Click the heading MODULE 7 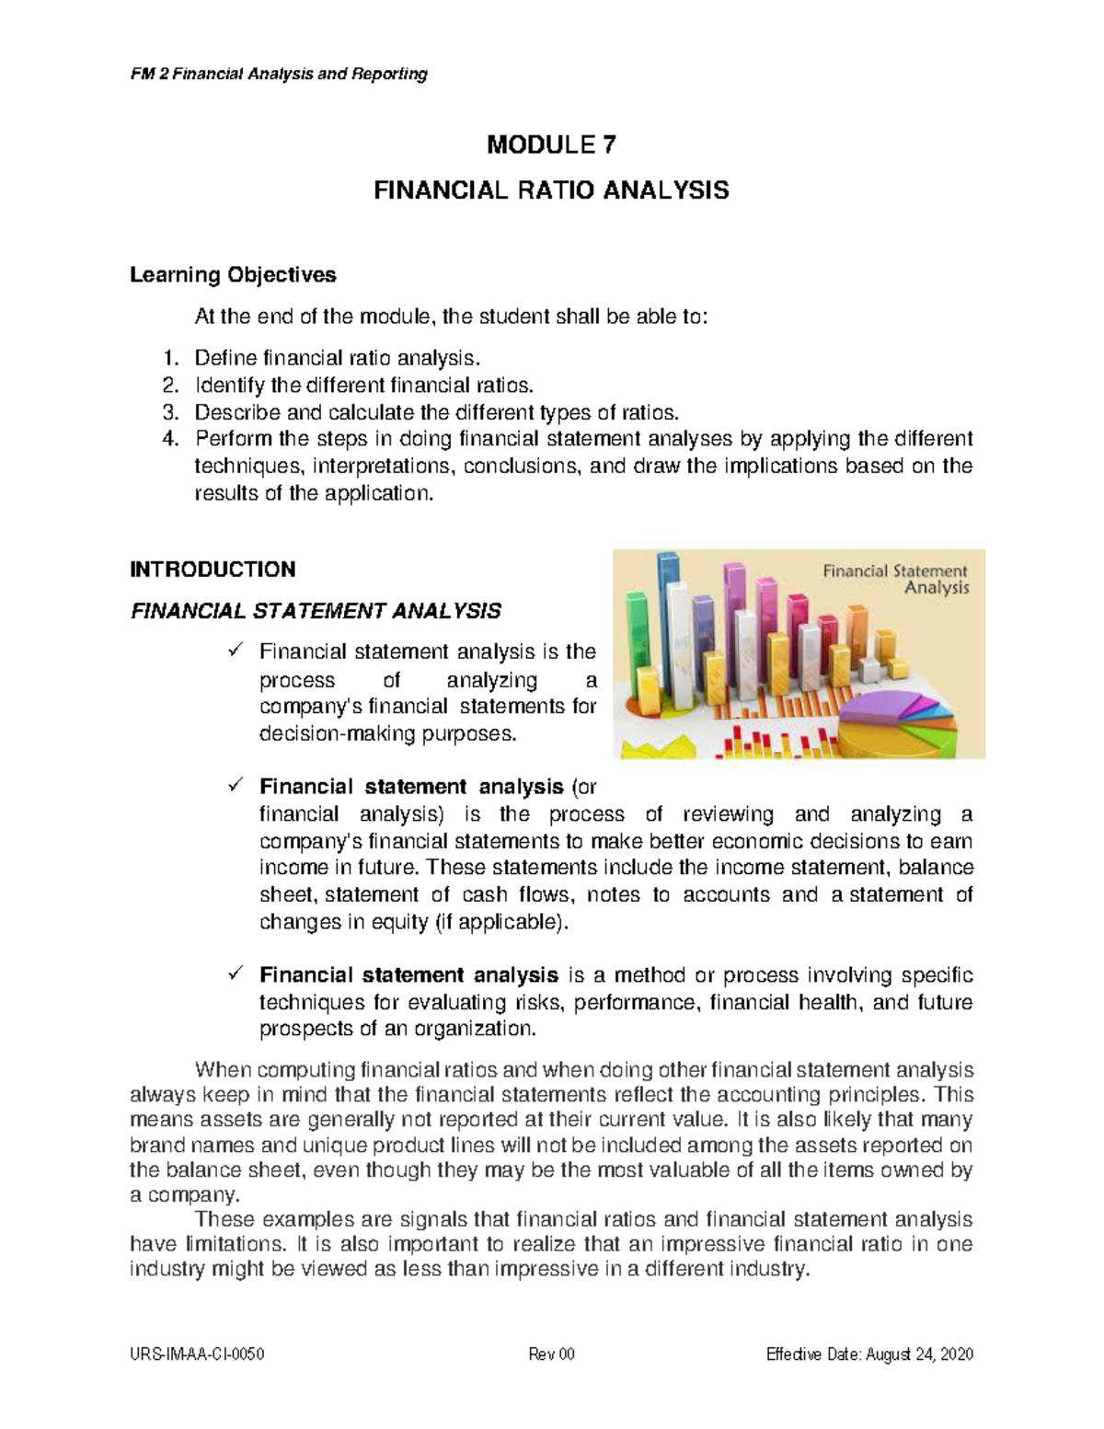coord(551,144)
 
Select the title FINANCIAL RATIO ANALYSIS coord(551,190)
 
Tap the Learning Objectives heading coord(233,274)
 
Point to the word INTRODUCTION coord(213,569)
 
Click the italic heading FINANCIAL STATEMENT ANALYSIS coord(316,611)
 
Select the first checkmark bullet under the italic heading coord(233,651)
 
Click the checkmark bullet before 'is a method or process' coord(233,974)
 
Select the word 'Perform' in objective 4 coord(226,438)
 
